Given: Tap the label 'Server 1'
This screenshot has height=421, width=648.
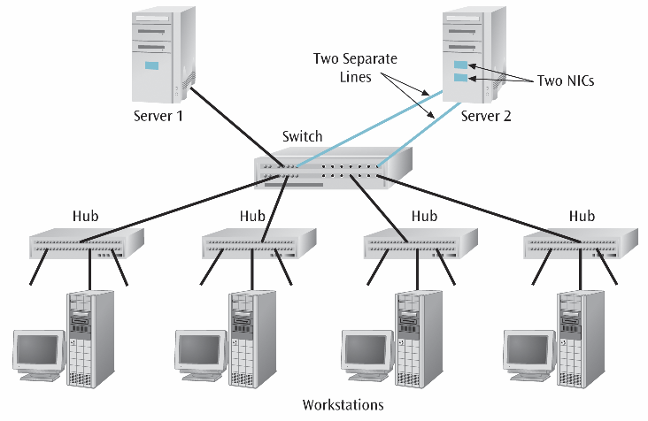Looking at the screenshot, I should [x=158, y=117].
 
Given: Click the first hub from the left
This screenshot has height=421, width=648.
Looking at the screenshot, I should [x=86, y=241].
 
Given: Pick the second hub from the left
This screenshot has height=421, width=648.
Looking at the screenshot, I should [x=259, y=241].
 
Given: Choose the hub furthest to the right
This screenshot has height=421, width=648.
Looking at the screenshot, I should [x=581, y=241].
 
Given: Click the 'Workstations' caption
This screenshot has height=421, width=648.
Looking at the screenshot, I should [x=343, y=405].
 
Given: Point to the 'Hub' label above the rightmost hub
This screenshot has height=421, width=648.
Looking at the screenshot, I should [x=582, y=215].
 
